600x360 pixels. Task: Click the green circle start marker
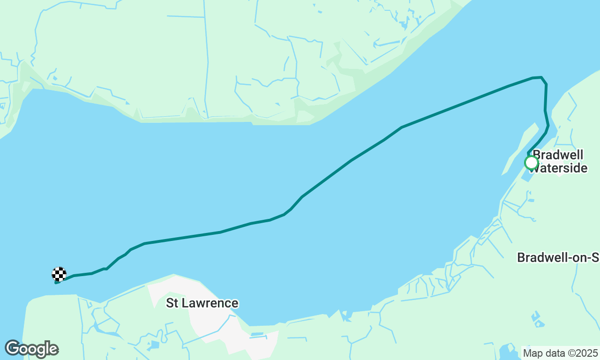(531, 163)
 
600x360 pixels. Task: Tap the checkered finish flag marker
(59, 274)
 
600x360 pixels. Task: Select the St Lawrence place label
(202, 303)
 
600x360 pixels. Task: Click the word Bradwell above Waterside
(558, 155)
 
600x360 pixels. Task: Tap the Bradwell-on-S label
(558, 257)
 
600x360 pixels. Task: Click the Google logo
(31, 349)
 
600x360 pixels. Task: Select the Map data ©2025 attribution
(560, 353)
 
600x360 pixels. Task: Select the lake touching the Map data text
(509, 351)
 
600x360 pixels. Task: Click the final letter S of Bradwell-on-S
(595, 257)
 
